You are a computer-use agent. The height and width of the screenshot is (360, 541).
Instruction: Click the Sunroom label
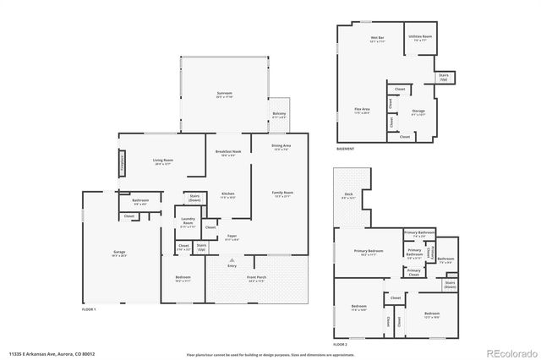223,95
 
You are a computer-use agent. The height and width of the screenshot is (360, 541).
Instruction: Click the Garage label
119,253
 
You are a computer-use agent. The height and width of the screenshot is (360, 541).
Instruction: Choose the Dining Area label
281,147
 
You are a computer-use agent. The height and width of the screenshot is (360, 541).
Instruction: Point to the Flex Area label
361,112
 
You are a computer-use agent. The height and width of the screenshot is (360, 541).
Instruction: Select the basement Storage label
418,112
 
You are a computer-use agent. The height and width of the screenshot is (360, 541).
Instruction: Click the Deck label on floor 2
348,196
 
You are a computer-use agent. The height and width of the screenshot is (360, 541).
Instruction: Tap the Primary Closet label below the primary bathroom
413,272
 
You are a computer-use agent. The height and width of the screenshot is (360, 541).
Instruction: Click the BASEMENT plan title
345,149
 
